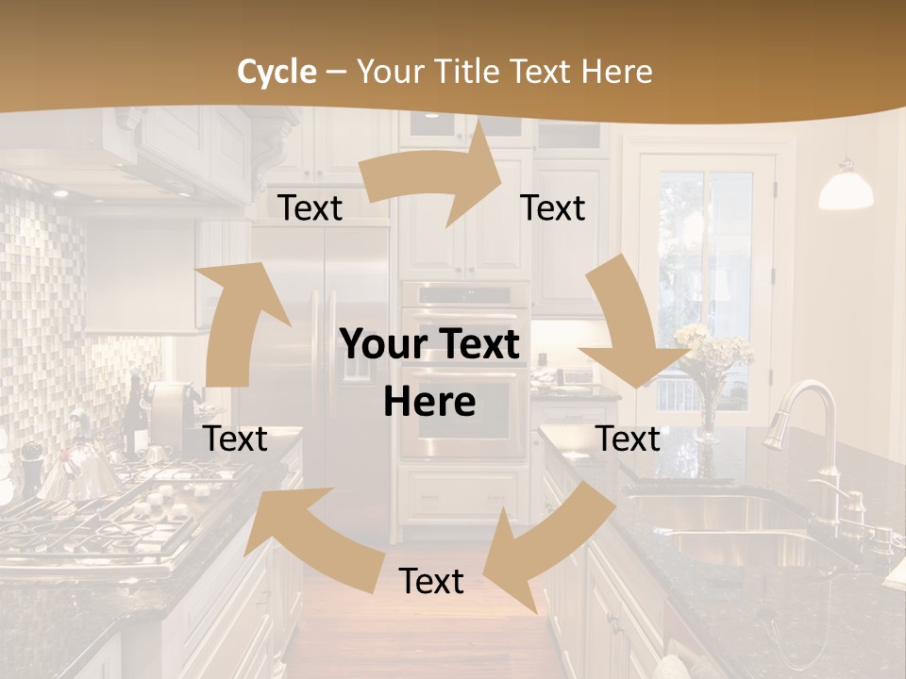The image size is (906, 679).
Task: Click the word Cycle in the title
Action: pyautogui.click(x=277, y=72)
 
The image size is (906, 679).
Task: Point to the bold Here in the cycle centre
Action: pyautogui.click(x=429, y=402)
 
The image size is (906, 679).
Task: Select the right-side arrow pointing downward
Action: pyautogui.click(x=632, y=325)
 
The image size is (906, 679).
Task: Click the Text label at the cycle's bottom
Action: pyautogui.click(x=431, y=581)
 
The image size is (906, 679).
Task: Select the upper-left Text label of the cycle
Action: pyautogui.click(x=310, y=208)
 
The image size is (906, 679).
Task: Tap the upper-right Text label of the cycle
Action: pyautogui.click(x=553, y=207)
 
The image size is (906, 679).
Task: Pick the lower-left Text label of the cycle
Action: pyautogui.click(x=236, y=439)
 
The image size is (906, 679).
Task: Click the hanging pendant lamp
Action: pyautogui.click(x=845, y=189)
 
